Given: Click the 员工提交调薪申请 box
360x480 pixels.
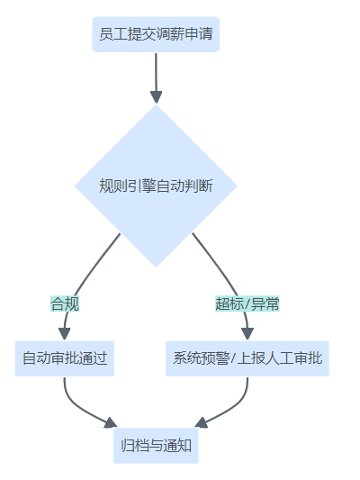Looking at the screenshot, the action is click(156, 34).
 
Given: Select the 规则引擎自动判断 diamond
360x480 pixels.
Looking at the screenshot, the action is click(156, 186).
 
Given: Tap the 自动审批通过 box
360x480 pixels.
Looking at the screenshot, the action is click(65, 358).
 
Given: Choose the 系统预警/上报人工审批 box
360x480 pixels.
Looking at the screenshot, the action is click(247, 358).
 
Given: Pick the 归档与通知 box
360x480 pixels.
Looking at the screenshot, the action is click(156, 446).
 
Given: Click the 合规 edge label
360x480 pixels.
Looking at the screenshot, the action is click(65, 303).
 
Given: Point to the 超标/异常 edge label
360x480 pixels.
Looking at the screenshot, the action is click(247, 303).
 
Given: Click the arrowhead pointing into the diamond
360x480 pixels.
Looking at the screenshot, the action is click(156, 97).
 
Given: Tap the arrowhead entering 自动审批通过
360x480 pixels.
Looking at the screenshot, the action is click(65, 334).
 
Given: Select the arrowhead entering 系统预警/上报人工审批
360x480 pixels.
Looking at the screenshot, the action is click(247, 334).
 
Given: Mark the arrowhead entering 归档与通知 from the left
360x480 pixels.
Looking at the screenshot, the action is click(111, 422).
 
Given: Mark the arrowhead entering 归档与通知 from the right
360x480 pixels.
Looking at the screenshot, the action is click(201, 422).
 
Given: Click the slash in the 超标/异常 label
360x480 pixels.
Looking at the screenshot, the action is click(247, 304).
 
